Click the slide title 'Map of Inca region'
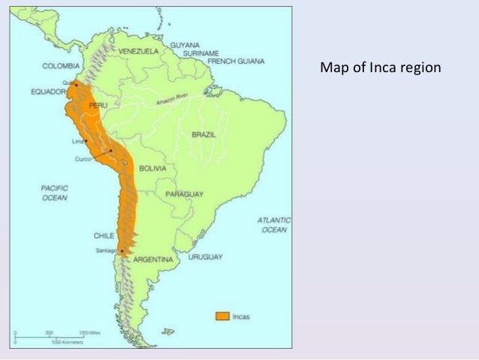(x=381, y=68)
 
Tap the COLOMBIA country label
(x=61, y=65)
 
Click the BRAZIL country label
(x=203, y=135)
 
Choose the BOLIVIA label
(x=152, y=168)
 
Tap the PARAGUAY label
(x=185, y=194)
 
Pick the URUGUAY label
(x=205, y=257)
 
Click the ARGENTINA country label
(x=153, y=259)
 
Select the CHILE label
(x=104, y=234)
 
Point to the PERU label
(x=98, y=106)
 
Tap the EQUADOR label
(x=49, y=92)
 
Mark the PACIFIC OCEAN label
(x=54, y=192)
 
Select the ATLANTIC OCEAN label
(x=274, y=225)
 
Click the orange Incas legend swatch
(x=222, y=316)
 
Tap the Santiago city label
(x=107, y=250)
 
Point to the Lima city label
(x=77, y=141)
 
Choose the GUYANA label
(x=185, y=45)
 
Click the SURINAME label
(x=200, y=53)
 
